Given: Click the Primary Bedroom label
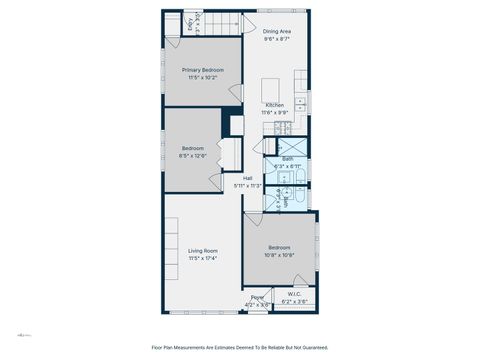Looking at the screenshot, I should pyautogui.click(x=203, y=70).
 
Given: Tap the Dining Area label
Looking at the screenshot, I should pyautogui.click(x=277, y=32).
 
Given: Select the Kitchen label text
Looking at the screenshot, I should pyautogui.click(x=274, y=105).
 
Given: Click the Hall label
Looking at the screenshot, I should pyautogui.click(x=247, y=178).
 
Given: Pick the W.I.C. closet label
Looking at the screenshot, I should pyautogui.click(x=294, y=294).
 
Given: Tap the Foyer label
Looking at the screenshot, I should pyautogui.click(x=257, y=297).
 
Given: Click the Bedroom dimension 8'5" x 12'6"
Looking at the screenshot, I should pyautogui.click(x=192, y=155).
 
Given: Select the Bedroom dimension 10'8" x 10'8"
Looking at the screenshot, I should pyautogui.click(x=279, y=255).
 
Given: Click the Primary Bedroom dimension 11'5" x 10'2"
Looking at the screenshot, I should pyautogui.click(x=203, y=77).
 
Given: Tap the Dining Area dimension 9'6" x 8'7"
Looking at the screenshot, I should pyautogui.click(x=277, y=39).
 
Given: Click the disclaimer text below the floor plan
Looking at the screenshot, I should pyautogui.click(x=239, y=348).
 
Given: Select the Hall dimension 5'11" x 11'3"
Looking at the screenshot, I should pyautogui.click(x=247, y=185).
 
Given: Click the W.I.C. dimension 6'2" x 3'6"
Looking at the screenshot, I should pyautogui.click(x=294, y=301).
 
